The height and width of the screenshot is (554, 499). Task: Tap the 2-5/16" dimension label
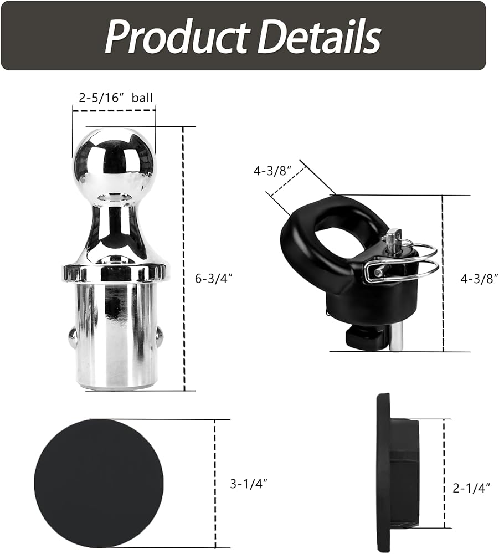[100, 98]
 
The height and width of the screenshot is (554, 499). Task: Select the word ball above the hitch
[142, 98]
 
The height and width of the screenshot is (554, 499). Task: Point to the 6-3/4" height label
[214, 279]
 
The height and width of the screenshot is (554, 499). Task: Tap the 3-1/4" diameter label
[249, 483]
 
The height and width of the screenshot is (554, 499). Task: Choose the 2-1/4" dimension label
[471, 488]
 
